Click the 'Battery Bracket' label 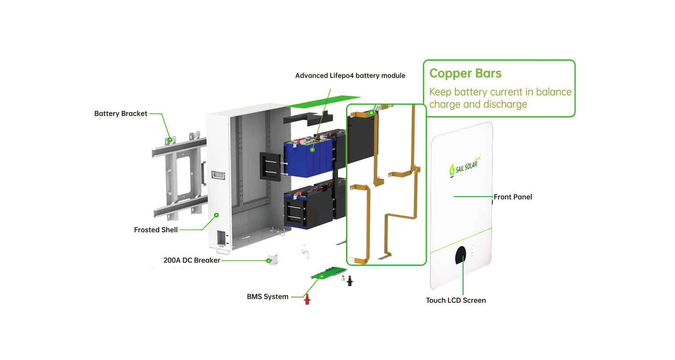coord(121,113)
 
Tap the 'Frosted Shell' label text coord(156,229)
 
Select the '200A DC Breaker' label coord(192,260)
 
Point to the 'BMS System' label coord(267,297)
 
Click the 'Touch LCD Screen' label coord(456,300)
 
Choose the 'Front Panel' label coord(513,197)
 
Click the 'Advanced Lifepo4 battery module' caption coord(350,76)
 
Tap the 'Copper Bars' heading coord(465,73)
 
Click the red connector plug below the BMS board coord(307,298)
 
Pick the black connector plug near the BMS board coord(349,281)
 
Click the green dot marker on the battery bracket coord(170,140)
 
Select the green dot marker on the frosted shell coord(216,215)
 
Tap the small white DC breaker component coord(273,260)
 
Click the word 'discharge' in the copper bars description coord(505,104)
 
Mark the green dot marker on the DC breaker coord(269,260)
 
